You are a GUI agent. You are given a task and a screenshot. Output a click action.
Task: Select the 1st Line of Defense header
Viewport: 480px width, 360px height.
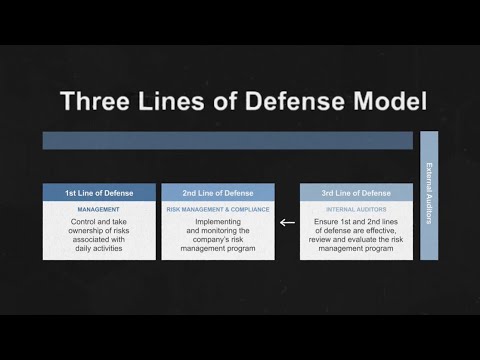tap(99, 192)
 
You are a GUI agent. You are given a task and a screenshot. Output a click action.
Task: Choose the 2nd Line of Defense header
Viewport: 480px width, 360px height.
tap(218, 192)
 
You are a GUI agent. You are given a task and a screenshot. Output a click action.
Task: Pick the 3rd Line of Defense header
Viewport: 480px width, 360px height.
tap(356, 192)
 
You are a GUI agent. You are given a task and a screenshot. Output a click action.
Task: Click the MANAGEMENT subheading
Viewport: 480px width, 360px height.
tap(99, 210)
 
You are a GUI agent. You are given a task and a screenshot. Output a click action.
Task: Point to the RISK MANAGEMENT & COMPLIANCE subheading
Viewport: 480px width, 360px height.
tap(218, 210)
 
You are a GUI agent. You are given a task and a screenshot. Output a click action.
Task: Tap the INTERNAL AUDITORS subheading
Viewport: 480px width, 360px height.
tap(356, 210)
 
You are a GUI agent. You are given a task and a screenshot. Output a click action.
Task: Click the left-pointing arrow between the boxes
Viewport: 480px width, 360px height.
tap(287, 223)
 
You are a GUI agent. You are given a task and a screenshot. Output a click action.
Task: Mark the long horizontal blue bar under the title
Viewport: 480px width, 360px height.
tap(227, 141)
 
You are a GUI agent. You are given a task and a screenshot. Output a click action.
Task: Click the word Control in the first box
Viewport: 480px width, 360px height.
tap(77, 223)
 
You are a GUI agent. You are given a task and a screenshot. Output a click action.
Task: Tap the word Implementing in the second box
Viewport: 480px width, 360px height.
tap(218, 223)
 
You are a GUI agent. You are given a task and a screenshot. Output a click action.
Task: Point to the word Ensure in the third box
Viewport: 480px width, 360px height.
tap(329, 223)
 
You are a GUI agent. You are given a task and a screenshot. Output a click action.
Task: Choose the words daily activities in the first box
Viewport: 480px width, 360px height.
tap(99, 248)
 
